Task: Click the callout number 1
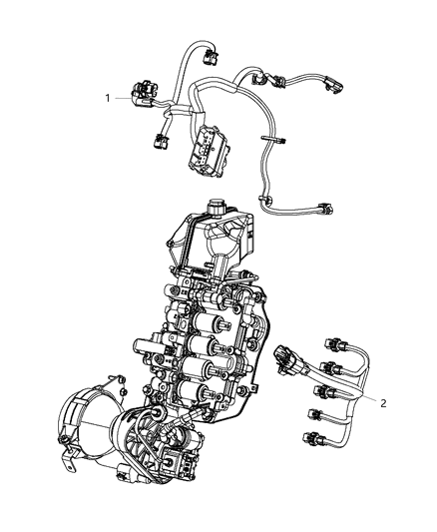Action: click(107, 97)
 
